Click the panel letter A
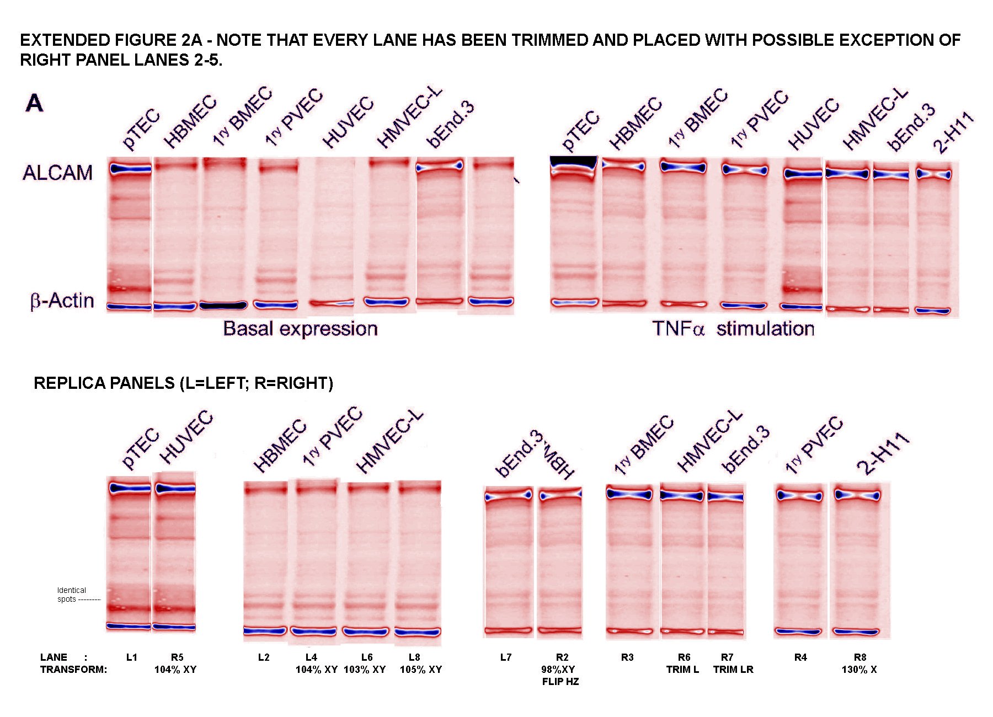pyautogui.click(x=34, y=103)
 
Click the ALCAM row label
pyautogui.click(x=57, y=173)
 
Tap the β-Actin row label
pyautogui.click(x=62, y=301)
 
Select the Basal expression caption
pyautogui.click(x=300, y=329)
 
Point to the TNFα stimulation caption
pyautogui.click(x=733, y=329)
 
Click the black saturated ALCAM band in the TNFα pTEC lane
pyautogui.click(x=574, y=162)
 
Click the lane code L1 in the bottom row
pyautogui.click(x=131, y=657)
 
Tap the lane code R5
pyautogui.click(x=177, y=657)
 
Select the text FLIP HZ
pyautogui.click(x=560, y=682)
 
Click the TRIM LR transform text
pyautogui.click(x=733, y=670)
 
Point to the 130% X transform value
pyautogui.click(x=859, y=670)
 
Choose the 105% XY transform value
pyautogui.click(x=421, y=670)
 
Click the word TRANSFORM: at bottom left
pyautogui.click(x=73, y=670)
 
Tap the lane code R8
pyautogui.click(x=860, y=657)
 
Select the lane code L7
pyautogui.click(x=506, y=657)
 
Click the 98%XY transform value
pyautogui.click(x=558, y=670)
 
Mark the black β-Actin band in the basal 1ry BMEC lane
pyautogui.click(x=223, y=305)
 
